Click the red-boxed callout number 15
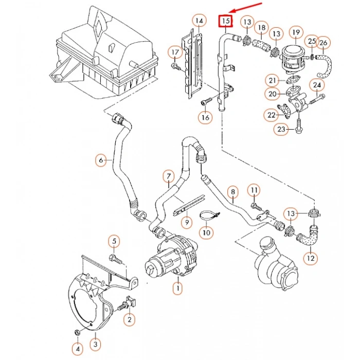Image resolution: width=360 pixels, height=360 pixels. point(226,21)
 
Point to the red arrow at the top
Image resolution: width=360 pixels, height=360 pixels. point(246,8)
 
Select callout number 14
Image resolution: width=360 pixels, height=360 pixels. point(200,21)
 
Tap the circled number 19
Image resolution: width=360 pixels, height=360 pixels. point(296,32)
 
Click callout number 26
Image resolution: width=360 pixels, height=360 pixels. point(323,43)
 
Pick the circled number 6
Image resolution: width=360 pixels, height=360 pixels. point(101,160)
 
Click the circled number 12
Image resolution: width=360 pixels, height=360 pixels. point(311,258)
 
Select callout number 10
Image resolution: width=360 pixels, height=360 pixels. point(206,232)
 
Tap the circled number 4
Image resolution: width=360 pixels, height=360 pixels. point(78,349)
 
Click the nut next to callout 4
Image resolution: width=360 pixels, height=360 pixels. point(78,332)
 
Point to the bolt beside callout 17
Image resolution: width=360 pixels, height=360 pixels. point(176,67)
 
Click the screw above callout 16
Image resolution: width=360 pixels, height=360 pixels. point(207,101)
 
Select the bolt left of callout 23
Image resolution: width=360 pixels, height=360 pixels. point(298,126)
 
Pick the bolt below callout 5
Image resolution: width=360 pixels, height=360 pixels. point(117,259)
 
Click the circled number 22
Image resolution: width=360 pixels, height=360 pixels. point(272,115)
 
